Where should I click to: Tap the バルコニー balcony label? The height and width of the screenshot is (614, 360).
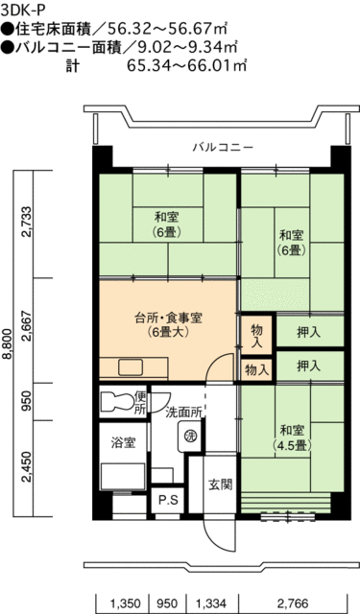pyautogui.click(x=222, y=147)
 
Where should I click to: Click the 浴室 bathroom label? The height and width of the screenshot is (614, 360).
pyautogui.click(x=121, y=442)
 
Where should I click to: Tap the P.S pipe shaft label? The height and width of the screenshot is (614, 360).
pyautogui.click(x=168, y=500)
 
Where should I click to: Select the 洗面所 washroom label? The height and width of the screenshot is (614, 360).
pyautogui.click(x=182, y=413)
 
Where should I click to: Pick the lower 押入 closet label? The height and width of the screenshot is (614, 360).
pyautogui.click(x=309, y=366)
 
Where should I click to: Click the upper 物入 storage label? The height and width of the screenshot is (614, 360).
pyautogui.click(x=255, y=330)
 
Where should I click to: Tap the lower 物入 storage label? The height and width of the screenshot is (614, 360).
pyautogui.click(x=255, y=368)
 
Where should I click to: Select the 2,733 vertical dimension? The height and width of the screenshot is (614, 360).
pyautogui.click(x=27, y=224)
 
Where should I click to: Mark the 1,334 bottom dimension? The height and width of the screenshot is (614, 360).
pyautogui.click(x=210, y=602)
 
